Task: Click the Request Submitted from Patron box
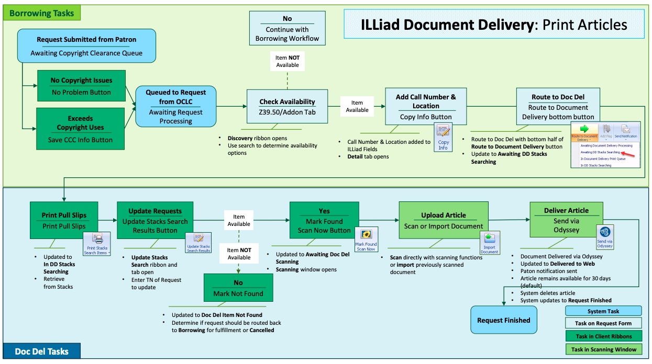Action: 86,46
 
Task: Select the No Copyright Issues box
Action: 81,86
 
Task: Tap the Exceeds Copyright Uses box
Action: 80,129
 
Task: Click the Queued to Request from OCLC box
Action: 175,106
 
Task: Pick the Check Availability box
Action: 287,107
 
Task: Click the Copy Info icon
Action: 443,137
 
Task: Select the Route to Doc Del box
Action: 558,107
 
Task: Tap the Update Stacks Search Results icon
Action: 198,243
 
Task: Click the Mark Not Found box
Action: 238,288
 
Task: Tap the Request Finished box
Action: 503,320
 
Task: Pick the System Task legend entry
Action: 603,311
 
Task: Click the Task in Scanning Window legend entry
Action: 603,349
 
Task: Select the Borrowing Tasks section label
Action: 42,13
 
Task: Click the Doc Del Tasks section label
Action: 42,351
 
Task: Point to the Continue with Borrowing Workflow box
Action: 287,29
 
